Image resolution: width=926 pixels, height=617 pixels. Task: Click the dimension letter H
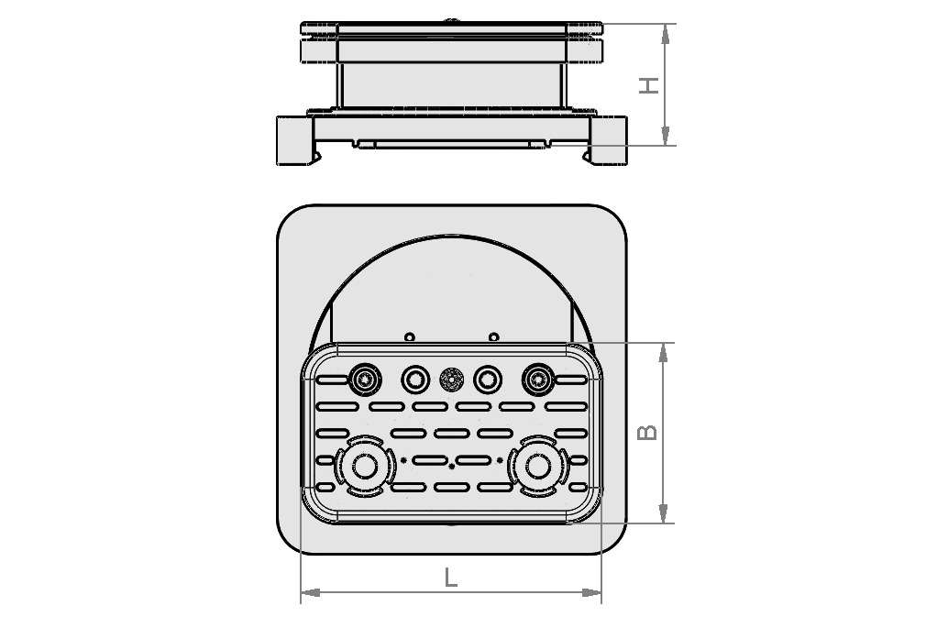point(649,84)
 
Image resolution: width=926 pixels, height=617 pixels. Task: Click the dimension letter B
point(646,431)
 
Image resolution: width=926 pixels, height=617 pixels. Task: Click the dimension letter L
point(450,578)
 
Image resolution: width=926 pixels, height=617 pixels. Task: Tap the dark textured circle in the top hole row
point(451,378)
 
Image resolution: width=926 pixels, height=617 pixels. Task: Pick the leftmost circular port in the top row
point(366,378)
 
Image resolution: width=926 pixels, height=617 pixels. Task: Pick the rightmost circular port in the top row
point(536,378)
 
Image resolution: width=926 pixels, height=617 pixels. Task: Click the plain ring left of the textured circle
point(415,378)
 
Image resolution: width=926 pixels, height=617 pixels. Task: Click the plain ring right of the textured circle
point(487,378)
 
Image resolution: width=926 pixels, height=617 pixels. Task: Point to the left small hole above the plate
point(410,336)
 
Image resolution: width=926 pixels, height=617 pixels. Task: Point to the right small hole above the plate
point(493,336)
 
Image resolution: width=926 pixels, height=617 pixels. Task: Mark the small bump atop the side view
point(451,19)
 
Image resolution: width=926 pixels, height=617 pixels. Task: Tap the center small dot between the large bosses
point(451,466)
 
